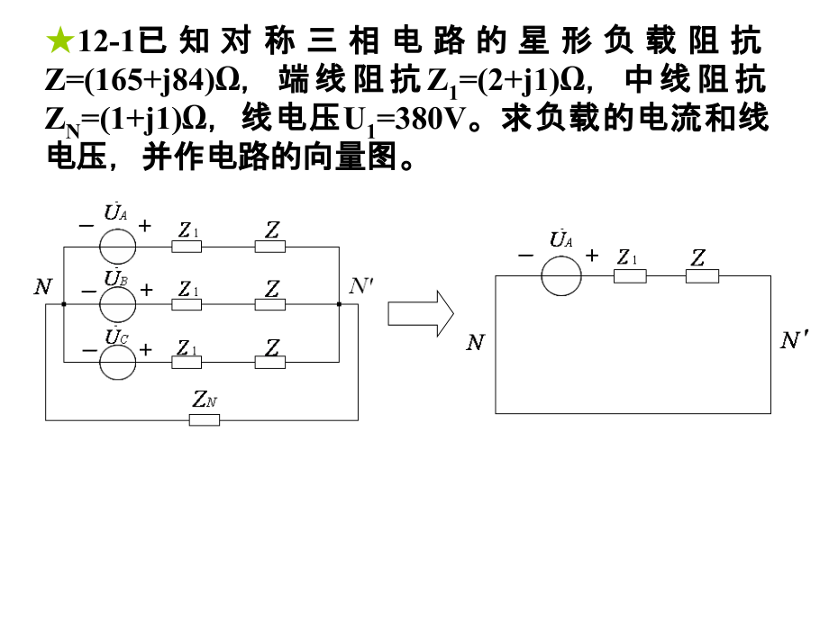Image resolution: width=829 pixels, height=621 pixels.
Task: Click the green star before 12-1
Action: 59,40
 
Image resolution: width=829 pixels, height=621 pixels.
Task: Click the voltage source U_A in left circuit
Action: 117,246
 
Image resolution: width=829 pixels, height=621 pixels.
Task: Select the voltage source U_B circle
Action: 117,304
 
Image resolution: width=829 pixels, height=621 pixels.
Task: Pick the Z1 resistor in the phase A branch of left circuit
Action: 187,246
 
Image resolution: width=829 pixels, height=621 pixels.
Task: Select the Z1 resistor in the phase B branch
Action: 187,305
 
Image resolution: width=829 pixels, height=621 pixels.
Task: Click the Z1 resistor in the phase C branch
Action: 187,363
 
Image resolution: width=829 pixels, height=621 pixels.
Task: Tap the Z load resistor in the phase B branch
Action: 270,305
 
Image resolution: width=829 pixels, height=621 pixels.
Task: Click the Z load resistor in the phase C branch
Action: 270,363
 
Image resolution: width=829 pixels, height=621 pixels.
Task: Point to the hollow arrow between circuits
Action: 420,312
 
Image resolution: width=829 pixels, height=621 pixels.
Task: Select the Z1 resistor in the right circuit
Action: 630,275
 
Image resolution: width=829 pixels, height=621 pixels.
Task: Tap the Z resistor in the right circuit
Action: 702,275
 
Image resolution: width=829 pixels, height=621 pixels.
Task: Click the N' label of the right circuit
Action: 794,340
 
